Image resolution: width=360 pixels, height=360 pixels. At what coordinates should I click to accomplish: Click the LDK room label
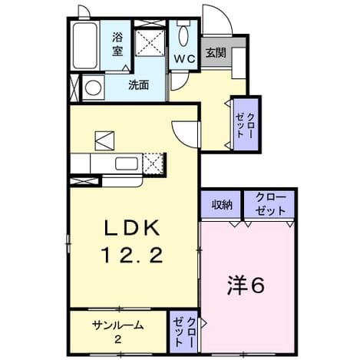tap(132, 228)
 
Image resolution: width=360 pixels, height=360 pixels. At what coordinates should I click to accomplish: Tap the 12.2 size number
tap(133, 255)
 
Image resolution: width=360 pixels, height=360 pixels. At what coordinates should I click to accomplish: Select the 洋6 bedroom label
tap(246, 286)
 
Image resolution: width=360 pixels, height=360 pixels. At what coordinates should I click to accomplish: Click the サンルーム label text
tap(117, 325)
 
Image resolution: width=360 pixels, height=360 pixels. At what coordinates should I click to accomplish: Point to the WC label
tap(185, 59)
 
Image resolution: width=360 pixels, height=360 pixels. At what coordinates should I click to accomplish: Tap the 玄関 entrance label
tap(216, 53)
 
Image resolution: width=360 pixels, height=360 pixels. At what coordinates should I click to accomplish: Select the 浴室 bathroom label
tap(117, 45)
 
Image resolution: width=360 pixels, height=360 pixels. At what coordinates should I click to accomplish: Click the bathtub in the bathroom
tap(84, 45)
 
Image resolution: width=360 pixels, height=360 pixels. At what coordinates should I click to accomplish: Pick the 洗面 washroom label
tap(138, 85)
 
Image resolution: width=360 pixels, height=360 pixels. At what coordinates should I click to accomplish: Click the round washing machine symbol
tap(93, 88)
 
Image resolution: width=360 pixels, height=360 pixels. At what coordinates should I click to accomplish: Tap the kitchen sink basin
tap(127, 163)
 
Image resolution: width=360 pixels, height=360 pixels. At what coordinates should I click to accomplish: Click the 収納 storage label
tap(222, 205)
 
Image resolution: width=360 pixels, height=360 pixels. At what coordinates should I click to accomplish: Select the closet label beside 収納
tap(270, 204)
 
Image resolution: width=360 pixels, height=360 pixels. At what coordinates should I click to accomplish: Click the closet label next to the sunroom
tap(184, 332)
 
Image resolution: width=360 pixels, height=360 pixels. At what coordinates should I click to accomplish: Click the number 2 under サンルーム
tap(117, 339)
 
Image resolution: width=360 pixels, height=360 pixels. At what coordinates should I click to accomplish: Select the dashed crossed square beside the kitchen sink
tap(153, 163)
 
